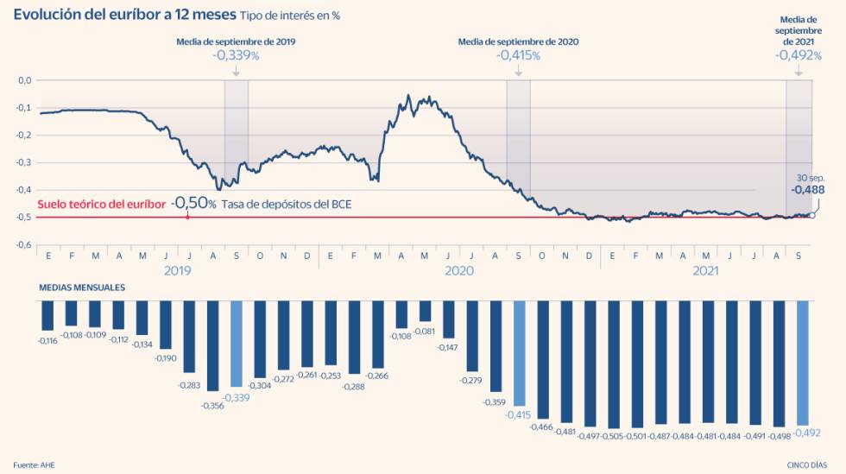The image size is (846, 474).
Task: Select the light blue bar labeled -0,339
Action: click(237, 344)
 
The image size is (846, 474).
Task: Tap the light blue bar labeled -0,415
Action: click(519, 352)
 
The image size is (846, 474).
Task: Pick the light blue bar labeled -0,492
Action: click(802, 363)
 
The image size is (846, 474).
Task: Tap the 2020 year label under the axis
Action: click(458, 270)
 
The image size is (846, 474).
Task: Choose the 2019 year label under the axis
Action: click(176, 270)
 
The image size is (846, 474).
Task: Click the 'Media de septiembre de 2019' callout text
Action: click(236, 41)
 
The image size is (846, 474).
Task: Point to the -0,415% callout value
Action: click(518, 55)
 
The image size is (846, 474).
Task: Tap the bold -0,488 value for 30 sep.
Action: click(808, 190)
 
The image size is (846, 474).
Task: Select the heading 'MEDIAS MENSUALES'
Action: click(82, 288)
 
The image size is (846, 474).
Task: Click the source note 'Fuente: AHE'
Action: click(33, 465)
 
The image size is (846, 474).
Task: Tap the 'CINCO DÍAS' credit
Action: click(808, 465)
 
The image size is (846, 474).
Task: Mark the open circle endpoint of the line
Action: click(812, 215)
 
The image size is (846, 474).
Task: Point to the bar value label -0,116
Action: click(47, 342)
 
